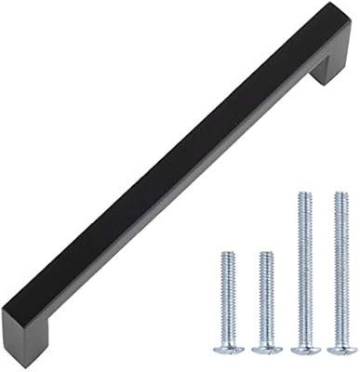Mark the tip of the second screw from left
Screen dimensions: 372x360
point(265,254)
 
